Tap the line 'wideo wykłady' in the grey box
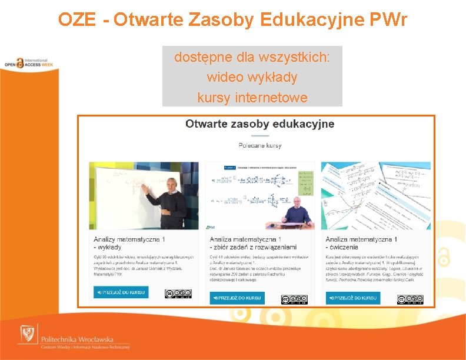(x=252, y=77)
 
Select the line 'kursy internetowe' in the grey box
(x=252, y=97)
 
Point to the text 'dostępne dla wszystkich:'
(x=252, y=58)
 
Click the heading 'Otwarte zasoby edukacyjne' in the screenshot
(x=259, y=124)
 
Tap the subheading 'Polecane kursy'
(x=259, y=145)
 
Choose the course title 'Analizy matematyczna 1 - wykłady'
(x=129, y=243)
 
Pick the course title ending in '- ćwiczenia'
(x=361, y=243)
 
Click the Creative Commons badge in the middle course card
(x=294, y=299)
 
